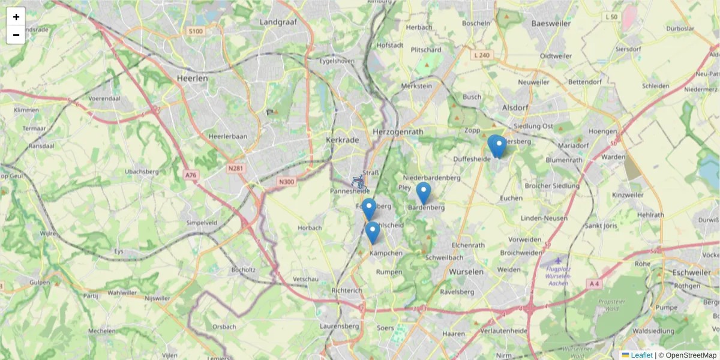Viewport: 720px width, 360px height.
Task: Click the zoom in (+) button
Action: pos(16,17)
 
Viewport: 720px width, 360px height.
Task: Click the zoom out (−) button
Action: pos(16,35)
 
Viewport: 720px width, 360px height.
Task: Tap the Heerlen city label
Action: pos(193,78)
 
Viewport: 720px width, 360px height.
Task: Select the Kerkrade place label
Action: pos(342,140)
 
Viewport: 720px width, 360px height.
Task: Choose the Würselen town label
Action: pos(466,272)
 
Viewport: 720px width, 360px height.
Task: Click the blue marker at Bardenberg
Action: pos(424,193)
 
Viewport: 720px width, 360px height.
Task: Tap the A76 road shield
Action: pos(191,175)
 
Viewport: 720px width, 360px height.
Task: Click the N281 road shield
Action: pos(236,169)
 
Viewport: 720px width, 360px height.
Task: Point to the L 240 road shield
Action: pos(481,55)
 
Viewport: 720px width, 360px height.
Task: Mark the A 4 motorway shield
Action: pos(594,283)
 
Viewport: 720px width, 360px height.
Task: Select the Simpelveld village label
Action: pos(202,222)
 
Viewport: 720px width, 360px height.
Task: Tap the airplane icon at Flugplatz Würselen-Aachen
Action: pos(559,260)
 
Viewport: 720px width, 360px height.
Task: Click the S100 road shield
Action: pos(196,31)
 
